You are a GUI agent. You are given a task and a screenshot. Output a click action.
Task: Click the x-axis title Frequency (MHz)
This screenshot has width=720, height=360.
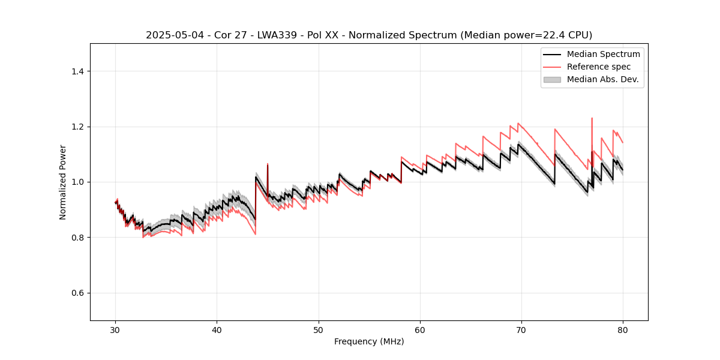tap(369, 341)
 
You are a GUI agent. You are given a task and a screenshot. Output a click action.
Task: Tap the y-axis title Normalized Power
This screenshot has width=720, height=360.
tap(63, 182)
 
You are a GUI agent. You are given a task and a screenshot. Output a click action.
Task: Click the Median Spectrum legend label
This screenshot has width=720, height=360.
tap(603, 54)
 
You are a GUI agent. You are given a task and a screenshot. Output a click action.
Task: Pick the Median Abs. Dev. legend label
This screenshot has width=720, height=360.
tap(602, 79)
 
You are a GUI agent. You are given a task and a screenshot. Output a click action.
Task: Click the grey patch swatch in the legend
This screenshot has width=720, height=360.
tap(552, 79)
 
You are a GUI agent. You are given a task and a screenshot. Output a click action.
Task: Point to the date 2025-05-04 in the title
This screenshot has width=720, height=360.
tap(170, 35)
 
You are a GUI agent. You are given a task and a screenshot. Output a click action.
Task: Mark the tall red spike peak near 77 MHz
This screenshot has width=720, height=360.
tap(592, 118)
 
